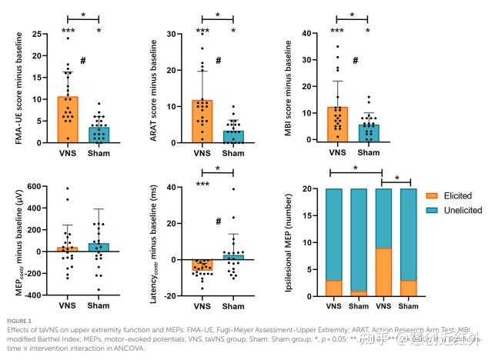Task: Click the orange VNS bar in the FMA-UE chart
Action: click(x=68, y=120)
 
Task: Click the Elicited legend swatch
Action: click(x=432, y=196)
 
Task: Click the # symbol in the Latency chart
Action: click(x=218, y=222)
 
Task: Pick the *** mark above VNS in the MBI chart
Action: click(x=336, y=32)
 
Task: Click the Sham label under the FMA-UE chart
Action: click(x=100, y=153)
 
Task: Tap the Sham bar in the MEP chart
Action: click(x=100, y=247)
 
